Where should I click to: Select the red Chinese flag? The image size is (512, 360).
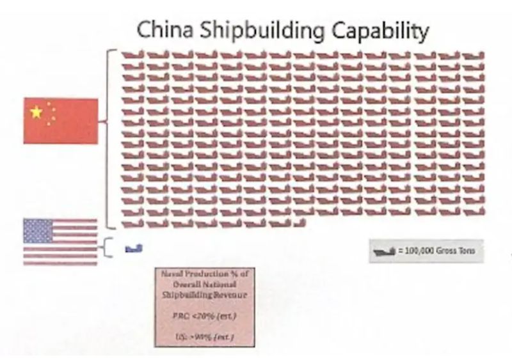[x=61, y=121]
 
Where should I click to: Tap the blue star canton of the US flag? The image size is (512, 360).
[x=38, y=231]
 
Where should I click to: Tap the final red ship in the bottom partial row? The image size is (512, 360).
[x=299, y=223]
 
